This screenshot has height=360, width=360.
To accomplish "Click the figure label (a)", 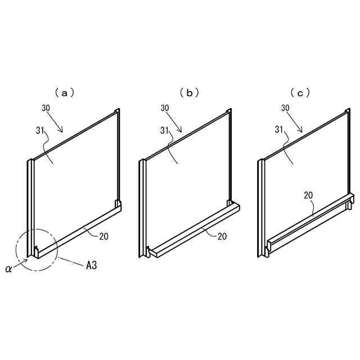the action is pyautogui.click(x=64, y=93).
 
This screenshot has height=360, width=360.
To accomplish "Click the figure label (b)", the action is pyautogui.click(x=189, y=93).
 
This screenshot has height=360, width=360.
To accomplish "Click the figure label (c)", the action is pyautogui.click(x=300, y=93).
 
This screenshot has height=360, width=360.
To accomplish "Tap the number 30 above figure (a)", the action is pyautogui.click(x=47, y=107).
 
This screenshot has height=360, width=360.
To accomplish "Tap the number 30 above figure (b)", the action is pyautogui.click(x=165, y=107).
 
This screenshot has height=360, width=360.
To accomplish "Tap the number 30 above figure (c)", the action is pyautogui.click(x=285, y=107).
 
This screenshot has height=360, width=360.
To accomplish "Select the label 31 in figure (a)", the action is pyautogui.click(x=39, y=130).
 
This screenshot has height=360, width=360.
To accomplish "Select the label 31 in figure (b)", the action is pyautogui.click(x=165, y=130).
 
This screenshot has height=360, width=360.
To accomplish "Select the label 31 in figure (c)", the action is pyautogui.click(x=279, y=130).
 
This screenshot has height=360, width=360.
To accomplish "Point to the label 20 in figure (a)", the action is pyautogui.click(x=103, y=237).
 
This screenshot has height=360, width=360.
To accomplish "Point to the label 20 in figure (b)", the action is pyautogui.click(x=222, y=237).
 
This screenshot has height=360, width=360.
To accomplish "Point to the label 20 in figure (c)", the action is pyautogui.click(x=308, y=195).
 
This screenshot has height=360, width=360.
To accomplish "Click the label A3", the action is pyautogui.click(x=91, y=264).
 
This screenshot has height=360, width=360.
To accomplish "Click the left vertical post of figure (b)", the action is pyautogui.click(x=143, y=208).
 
